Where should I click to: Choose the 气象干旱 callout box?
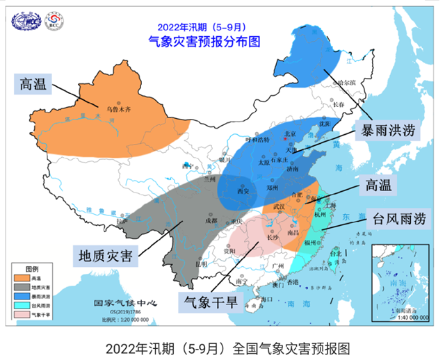209,302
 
